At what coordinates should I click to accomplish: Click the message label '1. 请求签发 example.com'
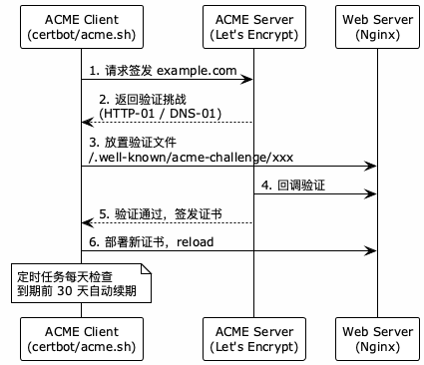click(x=162, y=71)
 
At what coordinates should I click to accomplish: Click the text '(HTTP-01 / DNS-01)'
click(x=161, y=114)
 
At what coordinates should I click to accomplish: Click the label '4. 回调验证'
click(x=294, y=185)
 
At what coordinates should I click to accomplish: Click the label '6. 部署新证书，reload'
click(x=151, y=242)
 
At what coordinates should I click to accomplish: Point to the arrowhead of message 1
click(x=248, y=80)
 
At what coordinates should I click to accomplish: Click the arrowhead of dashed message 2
click(x=87, y=123)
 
